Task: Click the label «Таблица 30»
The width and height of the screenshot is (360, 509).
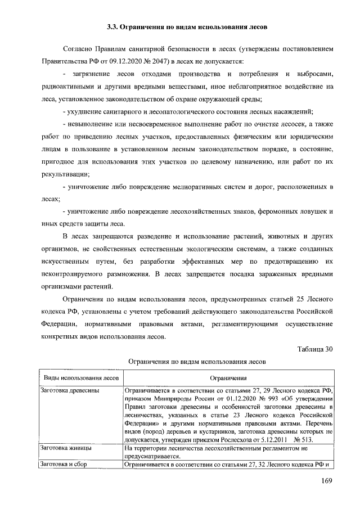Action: [x=316, y=349]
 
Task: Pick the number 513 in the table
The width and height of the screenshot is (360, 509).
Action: [x=313, y=439]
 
